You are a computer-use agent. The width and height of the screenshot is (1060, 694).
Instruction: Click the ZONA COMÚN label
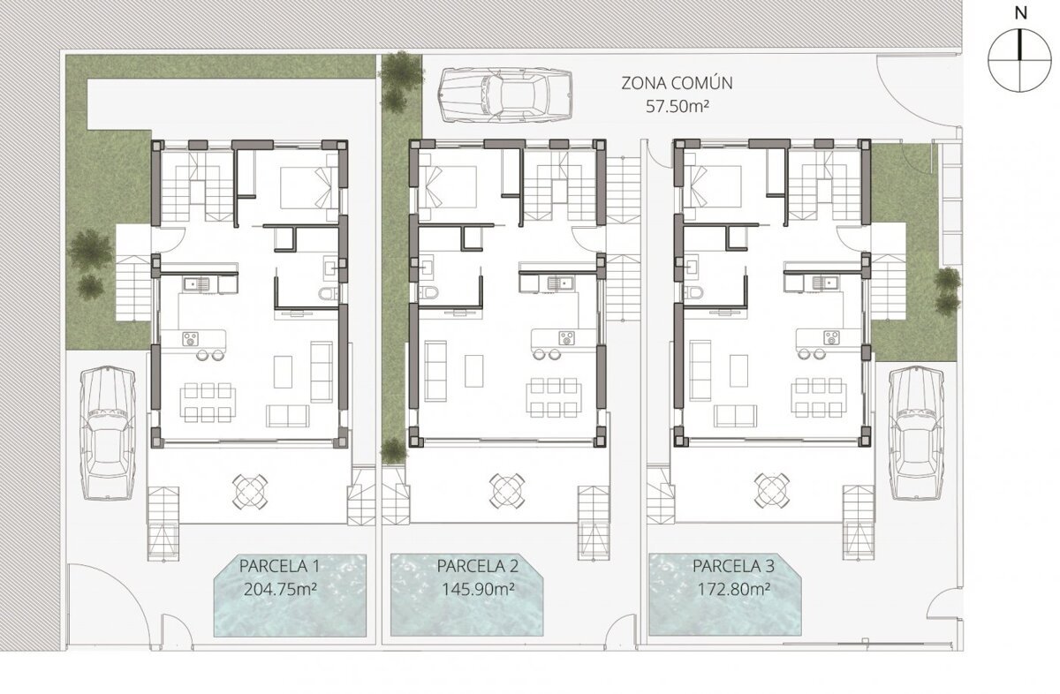point(677,83)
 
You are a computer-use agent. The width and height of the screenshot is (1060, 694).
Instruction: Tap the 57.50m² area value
point(678,107)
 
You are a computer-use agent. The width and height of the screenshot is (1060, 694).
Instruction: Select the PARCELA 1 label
point(279,566)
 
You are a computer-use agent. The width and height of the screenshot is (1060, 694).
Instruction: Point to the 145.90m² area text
point(478,590)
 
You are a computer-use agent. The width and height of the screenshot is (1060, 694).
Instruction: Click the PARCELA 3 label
point(733,566)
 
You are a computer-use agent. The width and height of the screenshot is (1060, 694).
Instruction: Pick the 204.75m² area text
point(280,590)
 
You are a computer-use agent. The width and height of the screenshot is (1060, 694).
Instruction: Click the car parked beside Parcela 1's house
point(109,434)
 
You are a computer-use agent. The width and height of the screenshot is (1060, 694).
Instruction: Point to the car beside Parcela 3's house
point(916,434)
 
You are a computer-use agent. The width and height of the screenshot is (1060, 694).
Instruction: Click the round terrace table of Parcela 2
point(506,491)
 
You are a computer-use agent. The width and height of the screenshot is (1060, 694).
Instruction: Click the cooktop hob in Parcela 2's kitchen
point(566,338)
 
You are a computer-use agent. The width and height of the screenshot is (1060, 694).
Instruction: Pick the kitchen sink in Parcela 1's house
point(197,283)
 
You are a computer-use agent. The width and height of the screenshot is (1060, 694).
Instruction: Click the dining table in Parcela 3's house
point(819,397)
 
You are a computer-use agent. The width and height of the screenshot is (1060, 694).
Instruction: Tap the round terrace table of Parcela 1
point(250,491)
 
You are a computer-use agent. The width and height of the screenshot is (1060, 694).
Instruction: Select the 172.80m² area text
point(733,590)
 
